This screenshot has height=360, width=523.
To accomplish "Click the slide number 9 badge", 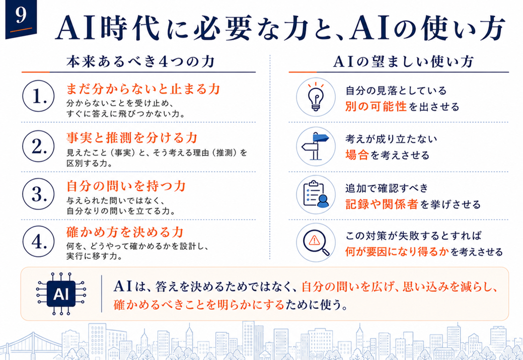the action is (21, 19).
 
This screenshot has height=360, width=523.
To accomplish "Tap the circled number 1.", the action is (38, 96).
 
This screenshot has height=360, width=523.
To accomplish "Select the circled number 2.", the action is (38, 146).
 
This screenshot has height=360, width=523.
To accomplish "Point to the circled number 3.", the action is (38, 194).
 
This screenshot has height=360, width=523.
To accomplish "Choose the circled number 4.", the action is (38, 241).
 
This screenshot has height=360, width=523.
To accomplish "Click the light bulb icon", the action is (316, 97).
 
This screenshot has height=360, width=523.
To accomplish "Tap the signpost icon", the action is (316, 146).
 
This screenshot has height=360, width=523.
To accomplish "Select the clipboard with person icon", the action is (316, 194).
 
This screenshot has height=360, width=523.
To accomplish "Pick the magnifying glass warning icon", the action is (316, 243).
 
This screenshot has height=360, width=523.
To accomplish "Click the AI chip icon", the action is (61, 294).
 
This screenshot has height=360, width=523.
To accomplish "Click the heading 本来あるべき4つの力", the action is (140, 62).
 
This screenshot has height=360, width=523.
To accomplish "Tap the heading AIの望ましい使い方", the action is (403, 62).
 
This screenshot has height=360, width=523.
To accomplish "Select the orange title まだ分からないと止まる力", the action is (143, 89).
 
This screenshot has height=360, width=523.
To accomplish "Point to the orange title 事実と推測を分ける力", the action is (132, 137).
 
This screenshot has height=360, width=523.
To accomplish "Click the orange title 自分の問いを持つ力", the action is (126, 186).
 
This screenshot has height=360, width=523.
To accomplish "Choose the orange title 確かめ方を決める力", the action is (125, 232).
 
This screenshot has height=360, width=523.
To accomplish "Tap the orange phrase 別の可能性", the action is (376, 107).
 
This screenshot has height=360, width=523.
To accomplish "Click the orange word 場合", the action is (357, 155).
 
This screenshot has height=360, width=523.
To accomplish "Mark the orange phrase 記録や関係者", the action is (382, 204).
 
